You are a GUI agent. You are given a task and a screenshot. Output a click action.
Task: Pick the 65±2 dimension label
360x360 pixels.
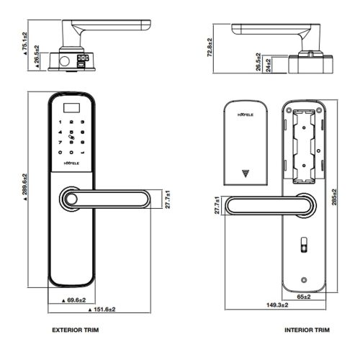(303, 295)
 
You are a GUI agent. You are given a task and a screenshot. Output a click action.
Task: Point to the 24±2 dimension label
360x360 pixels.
(269, 67)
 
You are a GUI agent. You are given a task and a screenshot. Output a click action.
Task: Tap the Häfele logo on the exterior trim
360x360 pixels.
(71, 163)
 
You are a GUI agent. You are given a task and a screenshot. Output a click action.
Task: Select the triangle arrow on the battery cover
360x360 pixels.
(248, 174)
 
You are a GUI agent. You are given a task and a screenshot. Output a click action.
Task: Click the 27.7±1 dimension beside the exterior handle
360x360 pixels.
(167, 200)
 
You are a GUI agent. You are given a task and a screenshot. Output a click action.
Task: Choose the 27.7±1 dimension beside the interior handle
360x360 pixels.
(217, 206)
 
